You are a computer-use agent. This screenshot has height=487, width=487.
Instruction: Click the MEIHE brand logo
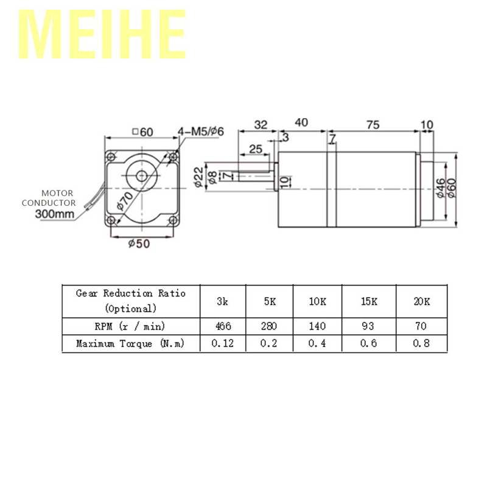[x=102, y=34]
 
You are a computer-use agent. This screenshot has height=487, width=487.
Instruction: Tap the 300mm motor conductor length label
[x=55, y=214]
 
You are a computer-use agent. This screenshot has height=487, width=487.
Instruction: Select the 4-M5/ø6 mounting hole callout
[x=201, y=131]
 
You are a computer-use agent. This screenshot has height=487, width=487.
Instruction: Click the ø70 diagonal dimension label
[x=125, y=201]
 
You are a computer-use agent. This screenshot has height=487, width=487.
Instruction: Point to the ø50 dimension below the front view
[x=139, y=243]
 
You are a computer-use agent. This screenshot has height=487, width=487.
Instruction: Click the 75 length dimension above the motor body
[x=373, y=125]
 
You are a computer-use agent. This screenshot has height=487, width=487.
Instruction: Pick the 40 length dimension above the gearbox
[x=301, y=122]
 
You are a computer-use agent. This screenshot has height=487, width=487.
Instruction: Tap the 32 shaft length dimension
[x=261, y=125]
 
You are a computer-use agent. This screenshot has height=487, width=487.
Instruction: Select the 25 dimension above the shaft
[x=256, y=149]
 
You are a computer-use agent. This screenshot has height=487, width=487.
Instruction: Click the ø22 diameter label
[x=199, y=177]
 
